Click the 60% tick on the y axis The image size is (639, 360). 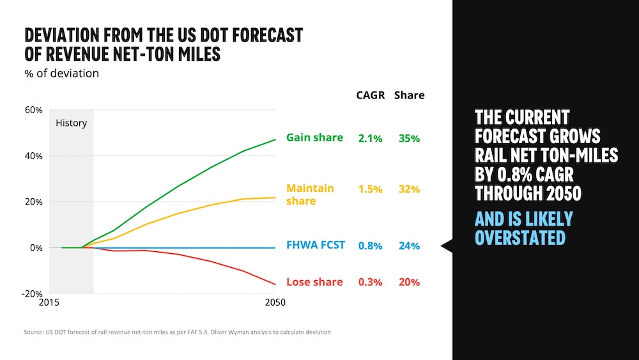[33, 110]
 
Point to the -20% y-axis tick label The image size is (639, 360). [32, 293]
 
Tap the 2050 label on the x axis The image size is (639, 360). [275, 302]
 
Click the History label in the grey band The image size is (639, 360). [71, 123]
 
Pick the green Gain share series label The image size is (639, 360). [314, 137]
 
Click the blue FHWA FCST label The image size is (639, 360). [316, 244]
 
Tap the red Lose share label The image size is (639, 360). [314, 282]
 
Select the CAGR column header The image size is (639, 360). [371, 95]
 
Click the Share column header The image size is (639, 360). [409, 95]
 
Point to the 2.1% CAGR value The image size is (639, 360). [370, 138]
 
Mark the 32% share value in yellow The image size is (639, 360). [409, 189]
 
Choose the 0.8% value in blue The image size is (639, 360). [370, 245]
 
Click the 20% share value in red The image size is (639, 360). [409, 282]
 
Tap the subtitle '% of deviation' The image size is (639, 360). [62, 74]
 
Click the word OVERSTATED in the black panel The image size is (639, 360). [520, 237]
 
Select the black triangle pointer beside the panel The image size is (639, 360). [447, 246]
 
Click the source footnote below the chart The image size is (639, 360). [178, 333]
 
